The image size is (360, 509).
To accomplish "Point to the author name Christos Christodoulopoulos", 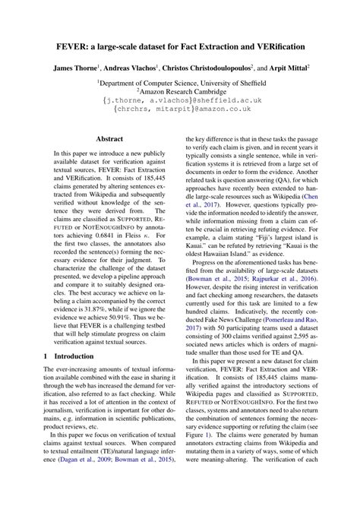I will click(x=223, y=68).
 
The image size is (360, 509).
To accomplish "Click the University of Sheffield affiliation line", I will click(x=181, y=80).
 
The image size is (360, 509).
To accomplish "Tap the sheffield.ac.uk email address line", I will click(x=180, y=100).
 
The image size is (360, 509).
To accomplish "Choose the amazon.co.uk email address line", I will click(x=180, y=109).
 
